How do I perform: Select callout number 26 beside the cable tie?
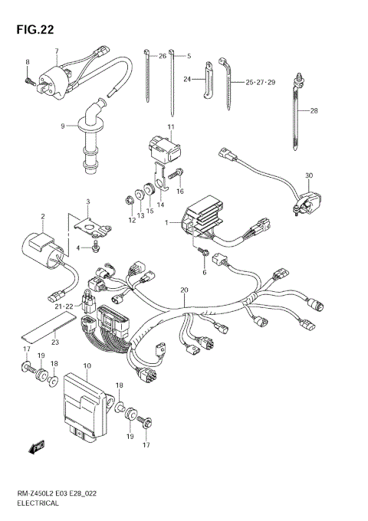(x=162, y=56)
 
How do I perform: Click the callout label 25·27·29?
(x=260, y=81)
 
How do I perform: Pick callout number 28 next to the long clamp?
(x=314, y=110)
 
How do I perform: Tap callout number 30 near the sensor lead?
(x=309, y=176)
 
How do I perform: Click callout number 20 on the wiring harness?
(x=184, y=290)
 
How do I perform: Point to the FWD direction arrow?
(x=37, y=446)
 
